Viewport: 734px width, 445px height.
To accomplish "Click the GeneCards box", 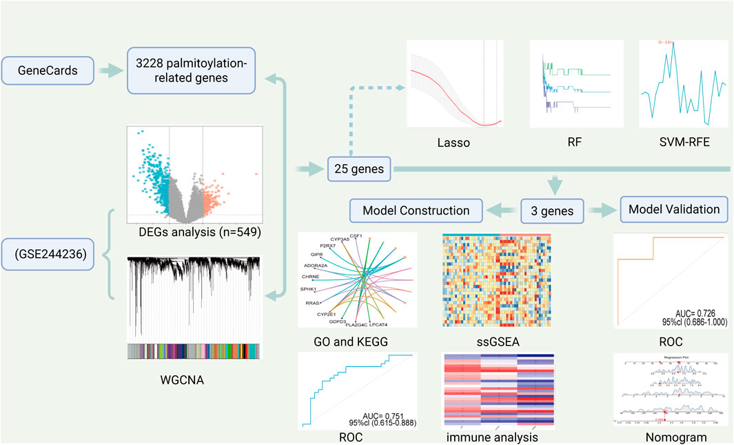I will pyautogui.click(x=47, y=70).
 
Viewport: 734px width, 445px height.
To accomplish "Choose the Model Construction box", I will pyautogui.click(x=417, y=209).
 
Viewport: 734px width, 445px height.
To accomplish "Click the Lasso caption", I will pyautogui.click(x=453, y=144).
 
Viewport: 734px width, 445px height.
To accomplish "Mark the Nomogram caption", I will pyautogui.click(x=670, y=436).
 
